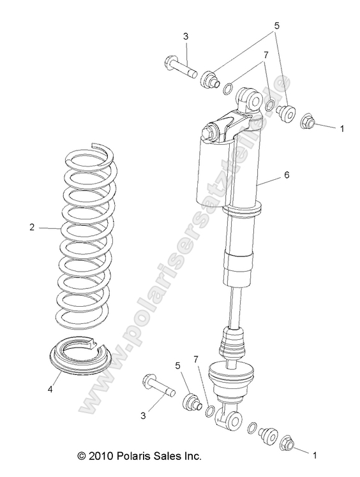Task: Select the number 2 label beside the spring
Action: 32,226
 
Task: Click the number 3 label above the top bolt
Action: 186,37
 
